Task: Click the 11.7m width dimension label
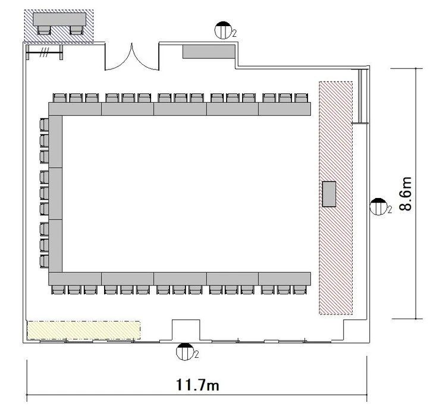[x=197, y=385]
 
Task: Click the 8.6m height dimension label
[x=406, y=194]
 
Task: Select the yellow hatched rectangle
[x=84, y=330]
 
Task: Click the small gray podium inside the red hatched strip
[x=329, y=194]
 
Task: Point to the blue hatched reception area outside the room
[x=59, y=26]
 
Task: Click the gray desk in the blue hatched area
[x=59, y=19]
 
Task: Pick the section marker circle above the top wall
[x=223, y=30]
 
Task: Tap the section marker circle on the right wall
[x=378, y=206]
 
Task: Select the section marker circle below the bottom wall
[x=184, y=352]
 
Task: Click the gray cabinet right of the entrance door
[x=209, y=52]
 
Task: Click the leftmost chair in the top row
[x=59, y=98]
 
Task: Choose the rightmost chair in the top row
[x=301, y=98]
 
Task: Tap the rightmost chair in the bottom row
[x=300, y=290]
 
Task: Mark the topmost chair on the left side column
[x=44, y=125]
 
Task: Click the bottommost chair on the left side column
[x=44, y=262]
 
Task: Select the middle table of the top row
[x=180, y=109]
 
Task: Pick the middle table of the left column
[x=55, y=194]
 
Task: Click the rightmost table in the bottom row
[x=284, y=279]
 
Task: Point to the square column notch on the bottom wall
[x=186, y=330]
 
